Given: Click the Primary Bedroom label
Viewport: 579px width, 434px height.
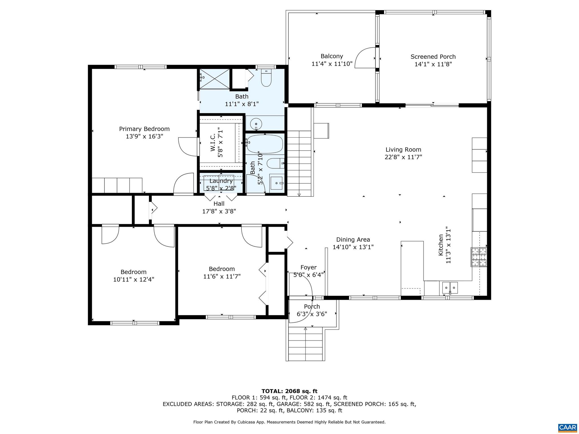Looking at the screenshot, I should click(x=144, y=129).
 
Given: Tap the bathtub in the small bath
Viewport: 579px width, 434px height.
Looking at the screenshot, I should click(x=265, y=144).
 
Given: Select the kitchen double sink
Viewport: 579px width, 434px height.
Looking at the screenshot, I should click(x=450, y=288).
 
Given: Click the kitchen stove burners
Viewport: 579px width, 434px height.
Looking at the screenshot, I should click(x=479, y=257).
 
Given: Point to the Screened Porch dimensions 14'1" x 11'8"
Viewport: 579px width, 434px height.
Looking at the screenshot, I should click(x=433, y=64).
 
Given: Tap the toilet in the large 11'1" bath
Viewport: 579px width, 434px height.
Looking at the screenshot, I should click(x=266, y=78).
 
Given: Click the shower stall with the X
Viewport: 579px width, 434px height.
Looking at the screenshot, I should click(x=215, y=79).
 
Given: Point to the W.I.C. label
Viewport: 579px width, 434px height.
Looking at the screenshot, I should click(x=213, y=143).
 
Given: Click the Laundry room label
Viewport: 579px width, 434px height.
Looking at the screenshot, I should click(x=221, y=181).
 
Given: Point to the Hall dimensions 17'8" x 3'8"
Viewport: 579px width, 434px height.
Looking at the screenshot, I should click(x=219, y=211).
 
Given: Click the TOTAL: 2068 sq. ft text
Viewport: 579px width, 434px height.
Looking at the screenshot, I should click(x=289, y=391).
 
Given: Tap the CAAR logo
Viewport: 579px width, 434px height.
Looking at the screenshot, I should click(x=567, y=427).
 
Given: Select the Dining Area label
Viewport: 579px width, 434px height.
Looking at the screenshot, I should click(x=353, y=240).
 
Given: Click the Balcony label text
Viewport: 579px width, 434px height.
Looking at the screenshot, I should click(x=332, y=56).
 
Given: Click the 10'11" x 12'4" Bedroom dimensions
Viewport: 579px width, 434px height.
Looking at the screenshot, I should click(x=133, y=279).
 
